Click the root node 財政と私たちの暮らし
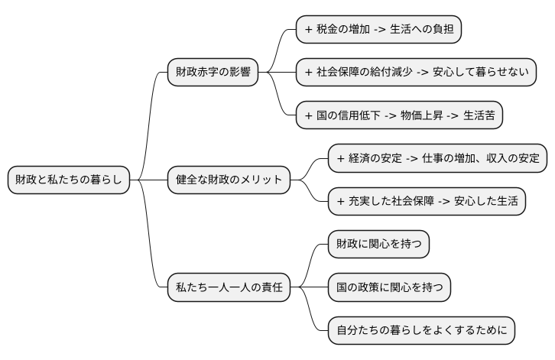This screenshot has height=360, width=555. pos(68,180)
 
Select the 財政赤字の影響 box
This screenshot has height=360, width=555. pos(213,73)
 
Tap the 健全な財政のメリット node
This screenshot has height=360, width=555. pos(229,180)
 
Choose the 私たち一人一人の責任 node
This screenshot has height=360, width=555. pos(229,288)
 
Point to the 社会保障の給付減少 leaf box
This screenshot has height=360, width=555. pos(415,73)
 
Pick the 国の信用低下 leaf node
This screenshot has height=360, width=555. pos(399,115)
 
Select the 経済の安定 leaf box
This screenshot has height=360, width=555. pos(438,158)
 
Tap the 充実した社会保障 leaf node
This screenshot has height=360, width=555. pos(427,202)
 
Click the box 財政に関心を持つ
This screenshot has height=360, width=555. pos(378,245)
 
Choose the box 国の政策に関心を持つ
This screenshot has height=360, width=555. pos(388,288)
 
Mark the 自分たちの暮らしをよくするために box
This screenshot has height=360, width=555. pos(421,331)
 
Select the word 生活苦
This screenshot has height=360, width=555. pos(479,115)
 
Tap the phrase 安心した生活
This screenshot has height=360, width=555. pos(487,202)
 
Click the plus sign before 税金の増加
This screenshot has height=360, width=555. pos(308,29)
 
